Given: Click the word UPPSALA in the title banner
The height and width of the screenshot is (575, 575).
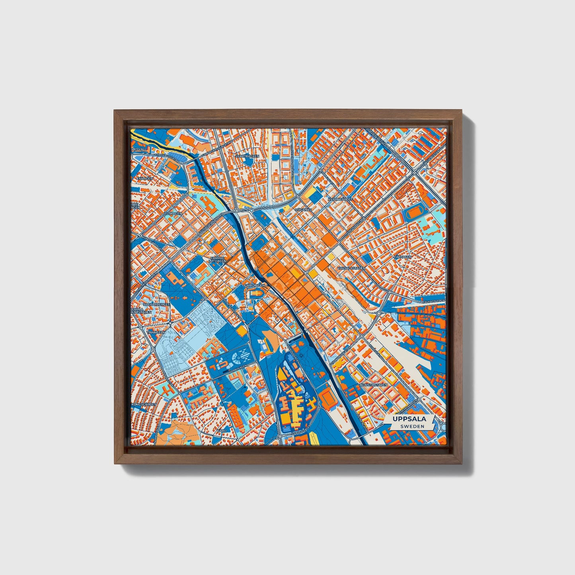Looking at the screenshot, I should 409,419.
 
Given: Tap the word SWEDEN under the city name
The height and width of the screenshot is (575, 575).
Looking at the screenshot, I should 412,426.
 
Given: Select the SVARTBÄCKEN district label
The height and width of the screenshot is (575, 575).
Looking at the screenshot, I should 247,156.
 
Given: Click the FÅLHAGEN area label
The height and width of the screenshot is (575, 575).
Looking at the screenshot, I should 403,257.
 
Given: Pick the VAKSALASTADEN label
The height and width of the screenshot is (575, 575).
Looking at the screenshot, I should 351,268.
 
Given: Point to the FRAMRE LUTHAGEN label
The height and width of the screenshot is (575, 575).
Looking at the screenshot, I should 218,259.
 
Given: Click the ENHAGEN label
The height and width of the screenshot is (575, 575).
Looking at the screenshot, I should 144,178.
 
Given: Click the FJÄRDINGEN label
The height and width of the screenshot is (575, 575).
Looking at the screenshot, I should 255,286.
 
